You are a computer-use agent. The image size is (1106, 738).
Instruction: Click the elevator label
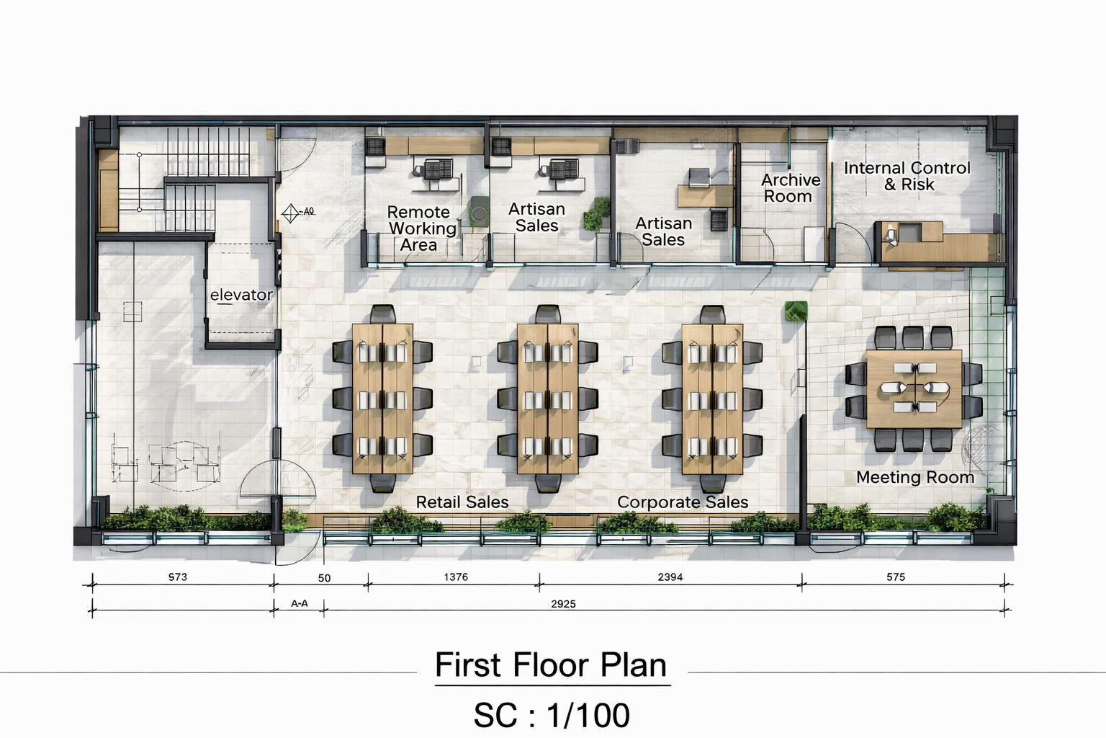tap(241, 295)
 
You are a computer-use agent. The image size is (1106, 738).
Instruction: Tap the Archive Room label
tap(791, 188)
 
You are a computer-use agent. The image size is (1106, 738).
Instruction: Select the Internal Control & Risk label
tap(907, 176)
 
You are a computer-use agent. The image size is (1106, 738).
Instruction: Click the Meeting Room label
tap(915, 478)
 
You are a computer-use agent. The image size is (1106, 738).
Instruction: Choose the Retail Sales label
tap(462, 502)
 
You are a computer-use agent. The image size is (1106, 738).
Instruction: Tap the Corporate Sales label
tap(683, 502)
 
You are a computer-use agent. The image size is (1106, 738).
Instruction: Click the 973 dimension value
tap(178, 577)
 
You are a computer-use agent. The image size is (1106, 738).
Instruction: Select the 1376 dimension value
tap(456, 577)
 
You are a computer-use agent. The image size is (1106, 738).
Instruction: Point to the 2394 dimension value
tap(670, 577)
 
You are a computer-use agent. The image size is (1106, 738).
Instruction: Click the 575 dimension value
tap(896, 577)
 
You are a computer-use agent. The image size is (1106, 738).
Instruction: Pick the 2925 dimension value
tap(563, 603)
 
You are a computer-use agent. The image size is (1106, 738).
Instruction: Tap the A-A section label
tap(300, 603)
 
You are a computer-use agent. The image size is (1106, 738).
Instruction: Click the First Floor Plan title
tap(551, 664)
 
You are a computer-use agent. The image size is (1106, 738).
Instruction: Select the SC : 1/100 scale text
tap(552, 715)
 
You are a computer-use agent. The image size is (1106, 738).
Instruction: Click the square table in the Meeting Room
tap(914, 389)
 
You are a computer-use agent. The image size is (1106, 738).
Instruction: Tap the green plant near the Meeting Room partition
tap(796, 311)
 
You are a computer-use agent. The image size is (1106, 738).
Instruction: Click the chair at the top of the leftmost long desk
tap(382, 314)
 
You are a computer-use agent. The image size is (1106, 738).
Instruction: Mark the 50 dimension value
tap(325, 578)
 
